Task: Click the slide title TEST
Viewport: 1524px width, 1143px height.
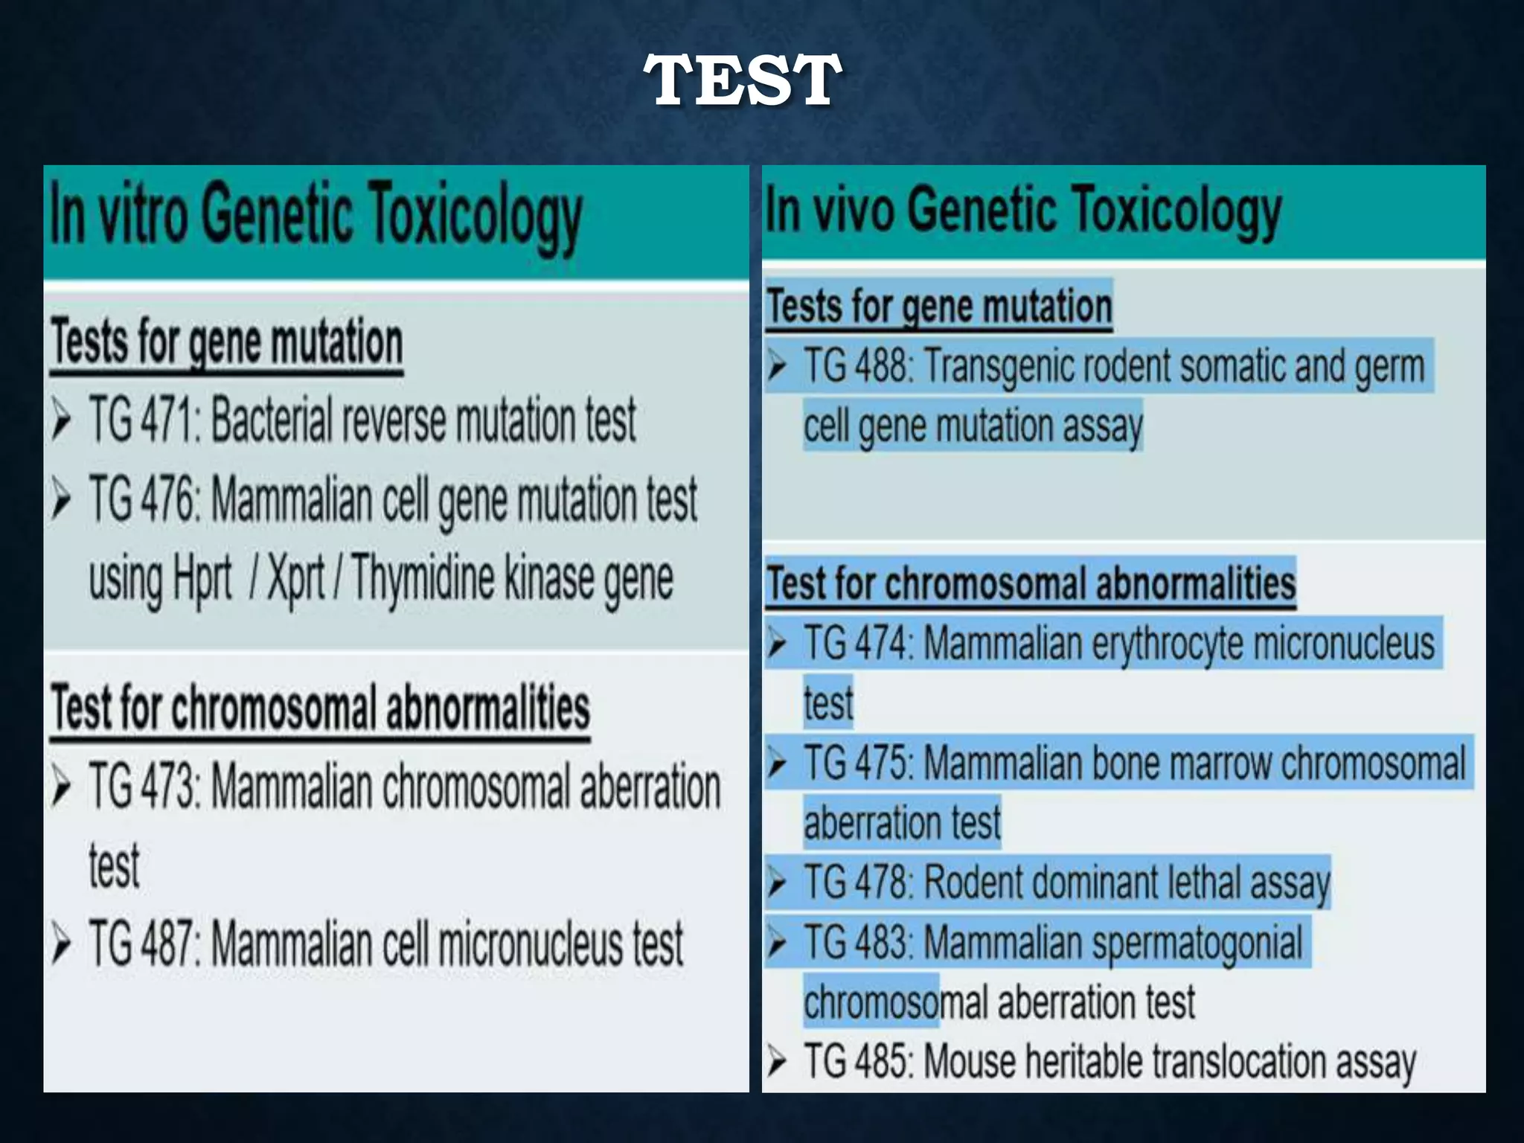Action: (x=743, y=80)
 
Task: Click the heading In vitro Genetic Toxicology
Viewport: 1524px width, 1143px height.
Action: (x=315, y=216)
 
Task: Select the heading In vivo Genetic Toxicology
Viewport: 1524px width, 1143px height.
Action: (x=1023, y=211)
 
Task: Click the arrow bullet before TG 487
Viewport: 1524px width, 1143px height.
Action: (x=62, y=946)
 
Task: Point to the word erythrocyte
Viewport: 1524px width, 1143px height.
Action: (x=1167, y=644)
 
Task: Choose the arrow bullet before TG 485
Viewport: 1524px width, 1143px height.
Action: (x=777, y=1062)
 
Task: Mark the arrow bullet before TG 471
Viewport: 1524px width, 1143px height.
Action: (x=62, y=421)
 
